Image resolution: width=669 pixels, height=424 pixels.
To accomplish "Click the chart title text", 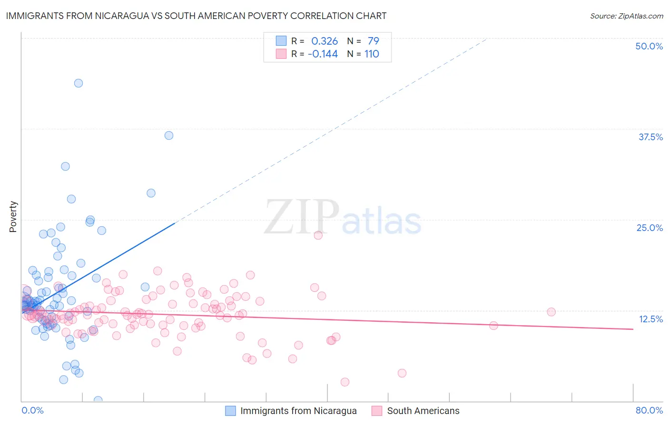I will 196,16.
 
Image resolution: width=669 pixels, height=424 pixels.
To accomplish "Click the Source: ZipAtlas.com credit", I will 626,16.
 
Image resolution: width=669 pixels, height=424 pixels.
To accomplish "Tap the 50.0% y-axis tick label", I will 649,46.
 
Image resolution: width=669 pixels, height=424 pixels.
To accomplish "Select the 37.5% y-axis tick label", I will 650,137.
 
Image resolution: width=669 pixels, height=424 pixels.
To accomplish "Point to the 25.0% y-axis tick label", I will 649,228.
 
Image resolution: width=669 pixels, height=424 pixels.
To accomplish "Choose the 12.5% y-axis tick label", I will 650,319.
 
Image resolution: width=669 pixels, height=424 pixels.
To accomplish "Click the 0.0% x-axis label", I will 32,410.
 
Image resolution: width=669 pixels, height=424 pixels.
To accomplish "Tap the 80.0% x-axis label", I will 649,410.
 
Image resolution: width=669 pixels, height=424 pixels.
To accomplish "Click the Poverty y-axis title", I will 13,217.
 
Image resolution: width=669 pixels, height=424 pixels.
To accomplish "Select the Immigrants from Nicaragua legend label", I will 298,411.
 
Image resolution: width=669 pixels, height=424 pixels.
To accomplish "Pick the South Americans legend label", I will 423,411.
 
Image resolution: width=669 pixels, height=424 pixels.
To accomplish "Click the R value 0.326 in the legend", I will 325,41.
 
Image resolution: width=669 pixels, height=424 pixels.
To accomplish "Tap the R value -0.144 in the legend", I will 323,54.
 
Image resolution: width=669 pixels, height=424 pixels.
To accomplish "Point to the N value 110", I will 372,54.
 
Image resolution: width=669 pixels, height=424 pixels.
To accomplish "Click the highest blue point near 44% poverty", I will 79,83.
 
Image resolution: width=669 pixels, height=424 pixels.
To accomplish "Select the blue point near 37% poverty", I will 169,135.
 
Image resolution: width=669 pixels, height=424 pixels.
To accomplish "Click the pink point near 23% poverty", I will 318,235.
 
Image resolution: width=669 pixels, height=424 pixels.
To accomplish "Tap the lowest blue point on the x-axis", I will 98,400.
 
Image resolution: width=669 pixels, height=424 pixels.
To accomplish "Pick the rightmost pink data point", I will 551,312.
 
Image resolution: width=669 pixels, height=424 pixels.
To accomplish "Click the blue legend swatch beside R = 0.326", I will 281,41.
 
